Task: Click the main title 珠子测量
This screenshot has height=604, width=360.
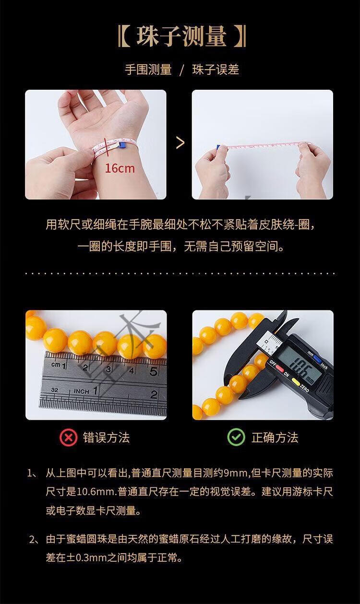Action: coord(181,36)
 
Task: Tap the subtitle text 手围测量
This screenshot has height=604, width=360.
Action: coord(148,70)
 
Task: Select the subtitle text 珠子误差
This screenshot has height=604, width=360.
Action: coord(216,70)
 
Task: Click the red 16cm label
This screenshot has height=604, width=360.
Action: coord(120,168)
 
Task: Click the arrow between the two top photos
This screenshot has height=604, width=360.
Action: coord(180,142)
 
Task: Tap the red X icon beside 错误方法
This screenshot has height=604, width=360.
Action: coord(68,438)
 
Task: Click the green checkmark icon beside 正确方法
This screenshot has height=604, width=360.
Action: coord(236,437)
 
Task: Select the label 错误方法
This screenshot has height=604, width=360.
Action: coord(107,438)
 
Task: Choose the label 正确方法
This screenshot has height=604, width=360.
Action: coord(275,437)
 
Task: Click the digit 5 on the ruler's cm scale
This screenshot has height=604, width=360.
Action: coord(153,372)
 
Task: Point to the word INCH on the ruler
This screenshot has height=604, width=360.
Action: coord(82,391)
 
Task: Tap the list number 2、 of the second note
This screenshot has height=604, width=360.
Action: coord(34,539)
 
